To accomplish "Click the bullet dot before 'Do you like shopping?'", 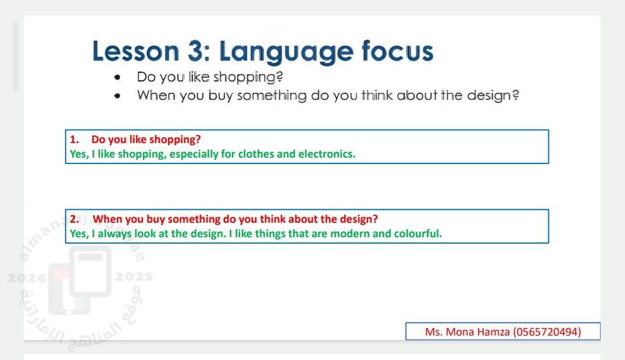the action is coord(117,77).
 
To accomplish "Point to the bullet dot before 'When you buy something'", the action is coord(117,96).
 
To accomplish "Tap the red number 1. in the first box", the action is coord(74,140).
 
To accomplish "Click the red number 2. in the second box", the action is coord(74,219).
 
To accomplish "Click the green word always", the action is coord(115,234).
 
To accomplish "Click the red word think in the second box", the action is coord(273,219).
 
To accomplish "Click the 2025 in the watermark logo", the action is coord(134,277).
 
